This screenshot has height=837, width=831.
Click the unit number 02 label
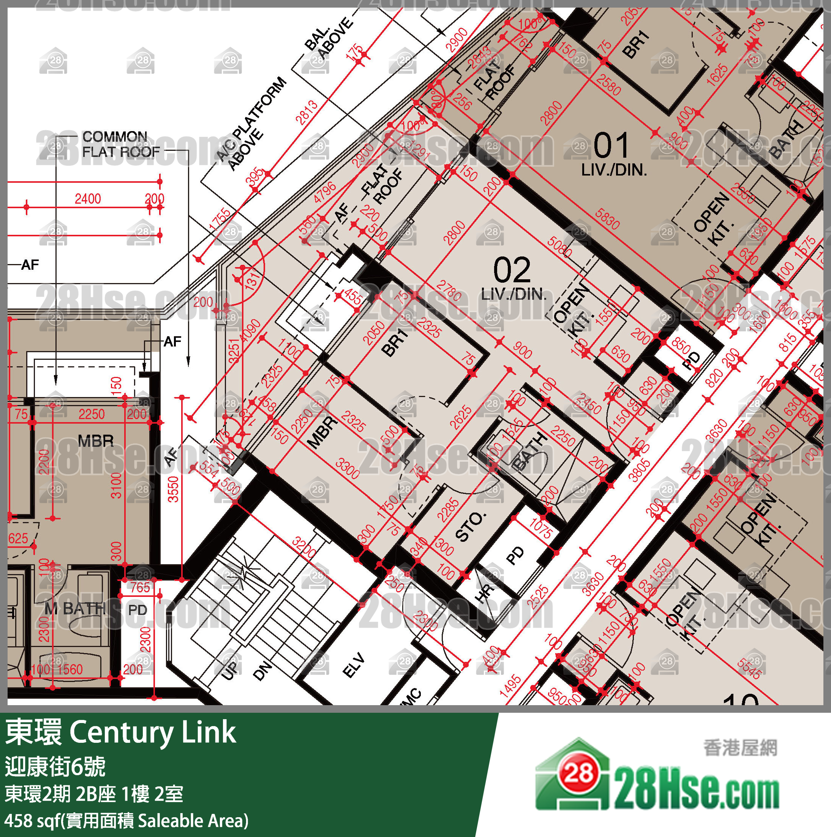512,270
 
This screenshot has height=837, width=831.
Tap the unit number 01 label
611,146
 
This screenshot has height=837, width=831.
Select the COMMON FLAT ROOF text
120,144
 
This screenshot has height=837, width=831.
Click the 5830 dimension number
607,218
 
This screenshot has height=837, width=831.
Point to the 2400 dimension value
87,199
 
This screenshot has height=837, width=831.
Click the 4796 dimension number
325,192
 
